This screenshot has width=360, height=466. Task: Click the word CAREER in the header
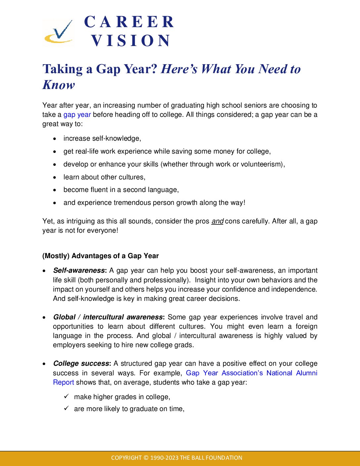point(129,22)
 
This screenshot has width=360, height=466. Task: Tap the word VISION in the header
point(131,41)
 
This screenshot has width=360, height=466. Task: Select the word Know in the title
point(59,85)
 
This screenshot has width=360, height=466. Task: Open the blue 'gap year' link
point(77,115)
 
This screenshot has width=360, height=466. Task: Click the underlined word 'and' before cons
point(217,221)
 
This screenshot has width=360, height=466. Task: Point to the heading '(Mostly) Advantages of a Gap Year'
point(101,256)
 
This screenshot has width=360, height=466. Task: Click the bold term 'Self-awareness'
point(79,270)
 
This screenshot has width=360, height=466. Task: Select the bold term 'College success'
point(81,363)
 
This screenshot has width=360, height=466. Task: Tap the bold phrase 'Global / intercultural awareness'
point(108,317)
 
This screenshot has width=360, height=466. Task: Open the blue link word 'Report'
point(64,382)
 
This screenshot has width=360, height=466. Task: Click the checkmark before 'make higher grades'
point(67,396)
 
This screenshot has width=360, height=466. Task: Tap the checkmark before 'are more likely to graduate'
point(67,408)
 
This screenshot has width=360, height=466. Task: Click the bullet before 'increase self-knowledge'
point(55,139)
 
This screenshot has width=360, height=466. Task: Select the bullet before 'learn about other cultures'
point(55,177)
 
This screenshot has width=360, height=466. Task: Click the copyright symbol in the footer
point(146,458)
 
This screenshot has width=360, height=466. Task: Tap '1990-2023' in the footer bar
point(164,458)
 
